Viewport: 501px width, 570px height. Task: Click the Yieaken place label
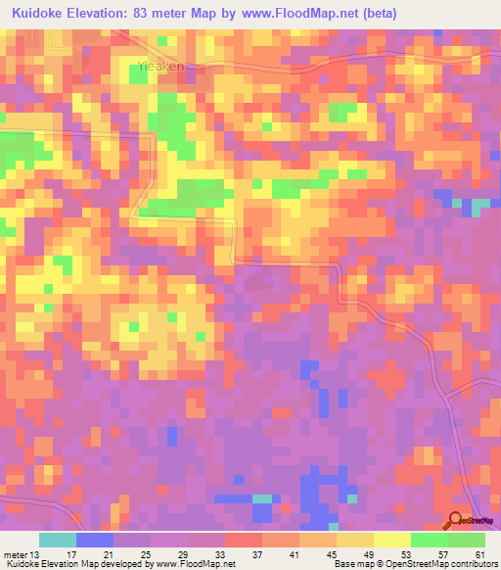157,69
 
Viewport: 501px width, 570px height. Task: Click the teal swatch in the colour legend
58,540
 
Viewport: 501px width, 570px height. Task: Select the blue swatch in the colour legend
95,540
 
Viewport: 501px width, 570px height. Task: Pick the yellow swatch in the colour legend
392,540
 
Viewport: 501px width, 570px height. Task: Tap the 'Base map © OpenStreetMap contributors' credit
412,564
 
